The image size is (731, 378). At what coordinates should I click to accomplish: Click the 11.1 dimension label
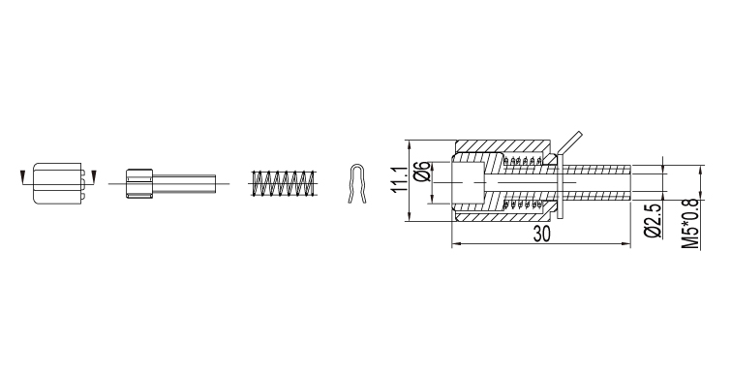pos(400,179)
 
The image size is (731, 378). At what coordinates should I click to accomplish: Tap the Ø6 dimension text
pos(421,172)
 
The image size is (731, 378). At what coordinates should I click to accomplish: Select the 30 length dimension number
pos(542,234)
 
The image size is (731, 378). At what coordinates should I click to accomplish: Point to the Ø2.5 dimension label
pos(653,221)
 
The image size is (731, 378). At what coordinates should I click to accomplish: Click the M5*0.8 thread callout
pos(690,224)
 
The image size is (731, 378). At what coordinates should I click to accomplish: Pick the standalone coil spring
pos(283,183)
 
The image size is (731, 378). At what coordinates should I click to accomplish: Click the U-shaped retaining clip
pos(357,183)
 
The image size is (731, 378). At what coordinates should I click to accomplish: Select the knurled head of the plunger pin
pos(139,183)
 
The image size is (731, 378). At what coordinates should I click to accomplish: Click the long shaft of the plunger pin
pos(184,183)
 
